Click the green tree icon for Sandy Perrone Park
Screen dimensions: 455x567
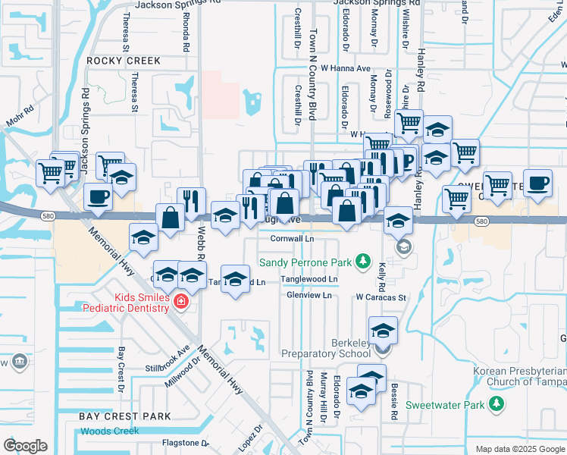point(363,262)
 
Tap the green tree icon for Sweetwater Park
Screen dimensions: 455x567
point(496,404)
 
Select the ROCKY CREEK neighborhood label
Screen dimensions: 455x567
point(124,61)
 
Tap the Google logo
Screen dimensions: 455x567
point(25,446)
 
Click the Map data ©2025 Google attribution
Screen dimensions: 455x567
point(519,450)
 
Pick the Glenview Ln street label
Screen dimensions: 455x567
point(309,295)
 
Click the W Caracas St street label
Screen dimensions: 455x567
point(382,298)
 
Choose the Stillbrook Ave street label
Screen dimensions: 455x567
point(167,360)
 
